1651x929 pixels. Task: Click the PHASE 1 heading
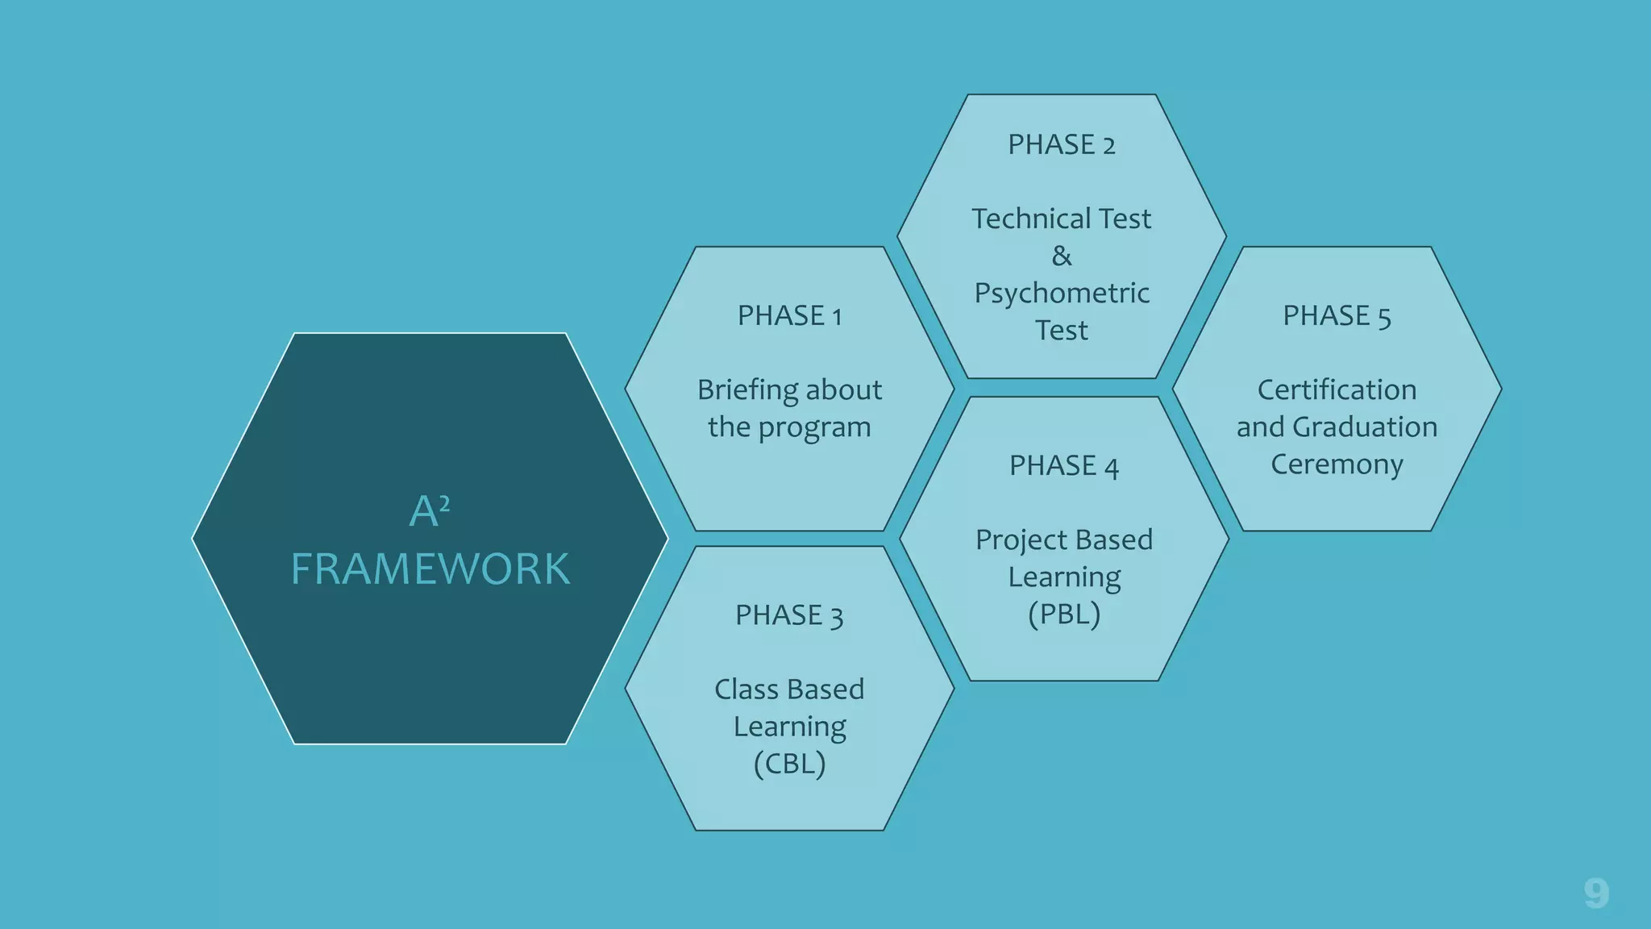[789, 315]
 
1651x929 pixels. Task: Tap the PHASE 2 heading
[1061, 144]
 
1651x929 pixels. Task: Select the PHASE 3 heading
[788, 615]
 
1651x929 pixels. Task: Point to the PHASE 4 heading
[1063, 465]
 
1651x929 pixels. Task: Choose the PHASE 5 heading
[1337, 315]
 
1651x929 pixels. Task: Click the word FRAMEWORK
[430, 569]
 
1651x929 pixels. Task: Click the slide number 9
[1595, 893]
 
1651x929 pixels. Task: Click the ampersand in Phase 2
[1062, 256]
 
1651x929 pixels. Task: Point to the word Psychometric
[1062, 294]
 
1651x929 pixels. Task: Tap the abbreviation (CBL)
[789, 763]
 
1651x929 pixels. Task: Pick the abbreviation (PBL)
[1063, 614]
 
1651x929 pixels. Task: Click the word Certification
[1337, 390]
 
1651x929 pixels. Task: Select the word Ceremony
[1337, 464]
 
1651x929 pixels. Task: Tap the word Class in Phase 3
[746, 689]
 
